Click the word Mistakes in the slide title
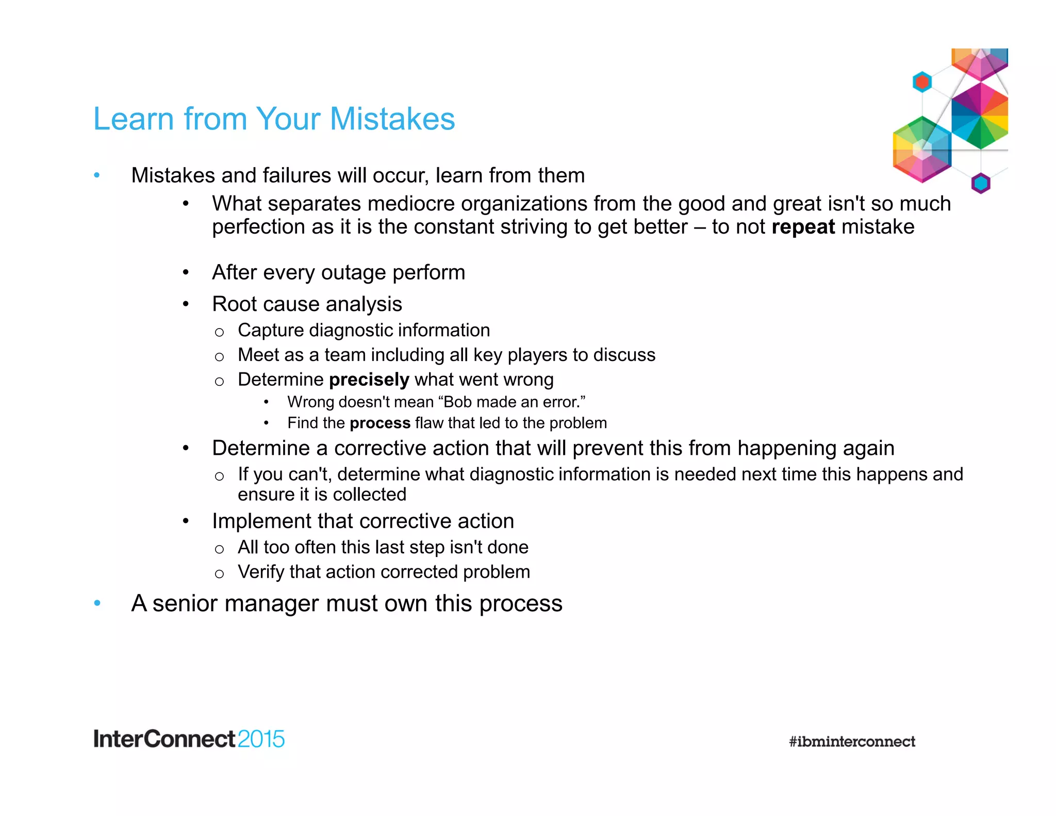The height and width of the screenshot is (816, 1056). click(392, 119)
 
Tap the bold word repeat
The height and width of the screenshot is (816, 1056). click(803, 227)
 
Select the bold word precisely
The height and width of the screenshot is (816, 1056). click(369, 380)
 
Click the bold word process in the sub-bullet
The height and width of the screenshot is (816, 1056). click(379, 423)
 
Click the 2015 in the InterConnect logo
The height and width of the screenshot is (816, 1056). click(261, 739)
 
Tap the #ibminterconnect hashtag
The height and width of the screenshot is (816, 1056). click(852, 742)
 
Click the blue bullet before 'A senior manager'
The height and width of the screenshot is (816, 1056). click(97, 603)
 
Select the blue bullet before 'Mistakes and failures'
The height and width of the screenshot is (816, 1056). click(97, 175)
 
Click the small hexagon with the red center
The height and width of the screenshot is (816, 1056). click(922, 81)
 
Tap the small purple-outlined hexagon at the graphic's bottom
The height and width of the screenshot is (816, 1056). click(981, 183)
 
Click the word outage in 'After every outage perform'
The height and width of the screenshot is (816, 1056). click(353, 272)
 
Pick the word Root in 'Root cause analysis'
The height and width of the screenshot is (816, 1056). click(230, 304)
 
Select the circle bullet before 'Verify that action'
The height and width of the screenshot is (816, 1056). click(219, 574)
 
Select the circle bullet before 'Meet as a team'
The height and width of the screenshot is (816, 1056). click(219, 356)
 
